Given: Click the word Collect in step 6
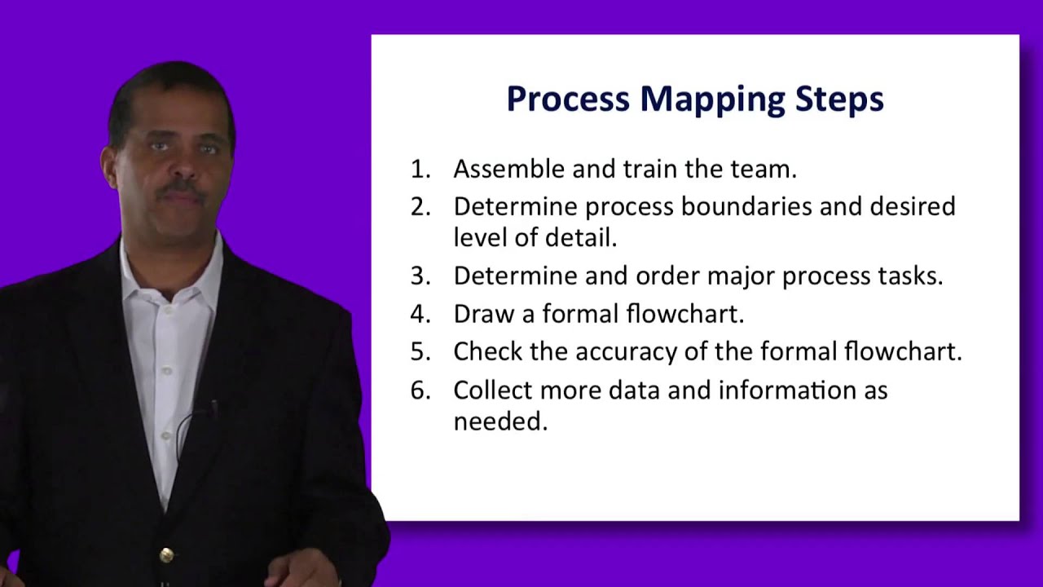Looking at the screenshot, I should tap(492, 390).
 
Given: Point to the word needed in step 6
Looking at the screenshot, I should tap(499, 421).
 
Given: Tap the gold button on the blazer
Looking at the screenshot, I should tap(166, 555).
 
